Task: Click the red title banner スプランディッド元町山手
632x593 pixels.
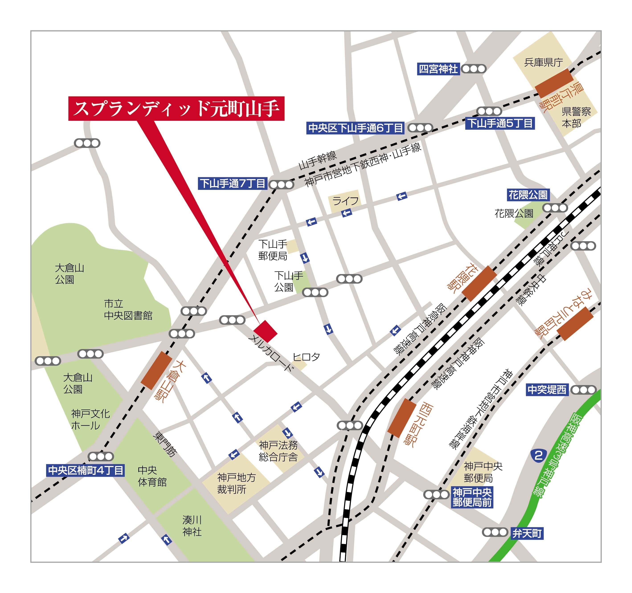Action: [176, 109]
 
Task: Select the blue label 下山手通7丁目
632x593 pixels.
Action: [232, 183]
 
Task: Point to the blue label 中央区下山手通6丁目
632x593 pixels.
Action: [355, 128]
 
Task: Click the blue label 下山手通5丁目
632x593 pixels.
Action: [500, 123]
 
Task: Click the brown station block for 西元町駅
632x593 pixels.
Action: [401, 418]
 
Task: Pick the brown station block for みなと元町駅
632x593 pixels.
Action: [575, 324]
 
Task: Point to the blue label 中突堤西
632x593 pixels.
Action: [547, 390]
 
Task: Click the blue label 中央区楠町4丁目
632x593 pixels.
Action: [85, 470]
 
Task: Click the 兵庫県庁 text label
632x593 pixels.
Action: [543, 62]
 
